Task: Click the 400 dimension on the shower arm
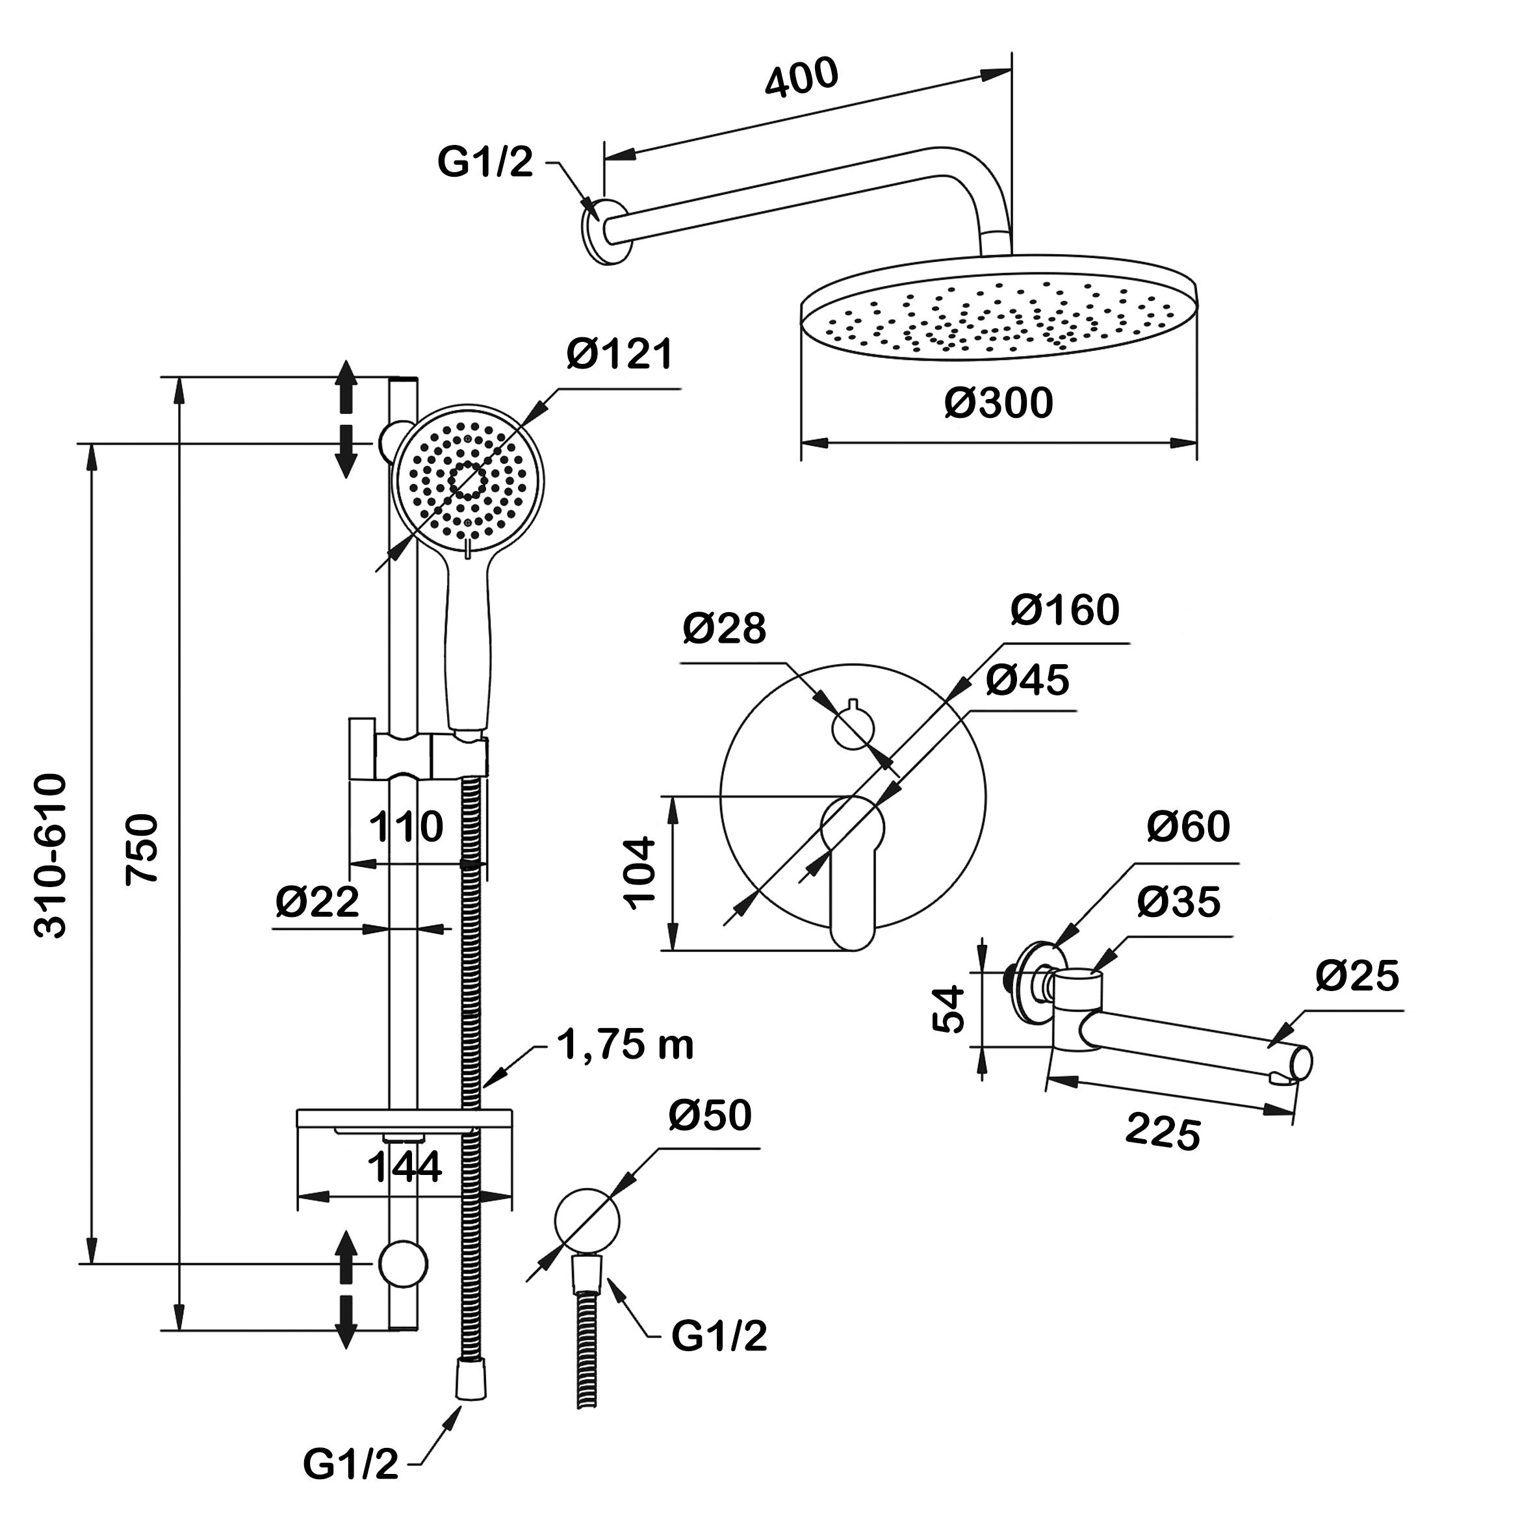(801, 78)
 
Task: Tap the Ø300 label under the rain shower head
(998, 403)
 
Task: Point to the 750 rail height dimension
(144, 847)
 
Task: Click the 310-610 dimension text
(51, 856)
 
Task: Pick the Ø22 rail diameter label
(317, 902)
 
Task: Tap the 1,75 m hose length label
(625, 1045)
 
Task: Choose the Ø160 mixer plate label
(1064, 610)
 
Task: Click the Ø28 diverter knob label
(724, 628)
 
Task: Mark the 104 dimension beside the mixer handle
(640, 872)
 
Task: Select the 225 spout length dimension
(1163, 1132)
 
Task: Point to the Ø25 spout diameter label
(1356, 975)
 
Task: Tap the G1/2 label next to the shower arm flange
(485, 162)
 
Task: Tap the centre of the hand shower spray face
(468, 481)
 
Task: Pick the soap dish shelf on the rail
(404, 1118)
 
